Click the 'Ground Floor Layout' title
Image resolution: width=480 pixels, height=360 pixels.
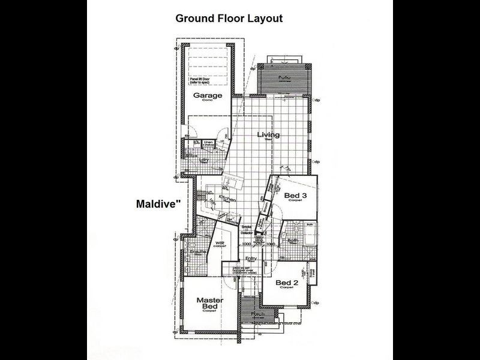[229, 19]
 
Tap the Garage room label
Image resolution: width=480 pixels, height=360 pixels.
[208, 95]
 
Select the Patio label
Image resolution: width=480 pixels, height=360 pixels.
[284, 78]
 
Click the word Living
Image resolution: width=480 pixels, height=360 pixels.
[268, 135]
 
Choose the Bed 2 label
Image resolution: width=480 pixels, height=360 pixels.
[287, 282]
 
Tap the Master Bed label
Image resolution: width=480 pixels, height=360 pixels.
[210, 304]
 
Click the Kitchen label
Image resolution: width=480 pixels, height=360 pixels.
[227, 199]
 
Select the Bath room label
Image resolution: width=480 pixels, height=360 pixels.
[293, 241]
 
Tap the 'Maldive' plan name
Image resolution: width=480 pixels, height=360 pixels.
[155, 204]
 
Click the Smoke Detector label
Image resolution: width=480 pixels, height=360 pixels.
[246, 229]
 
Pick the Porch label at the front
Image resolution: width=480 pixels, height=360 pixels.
[258, 314]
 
